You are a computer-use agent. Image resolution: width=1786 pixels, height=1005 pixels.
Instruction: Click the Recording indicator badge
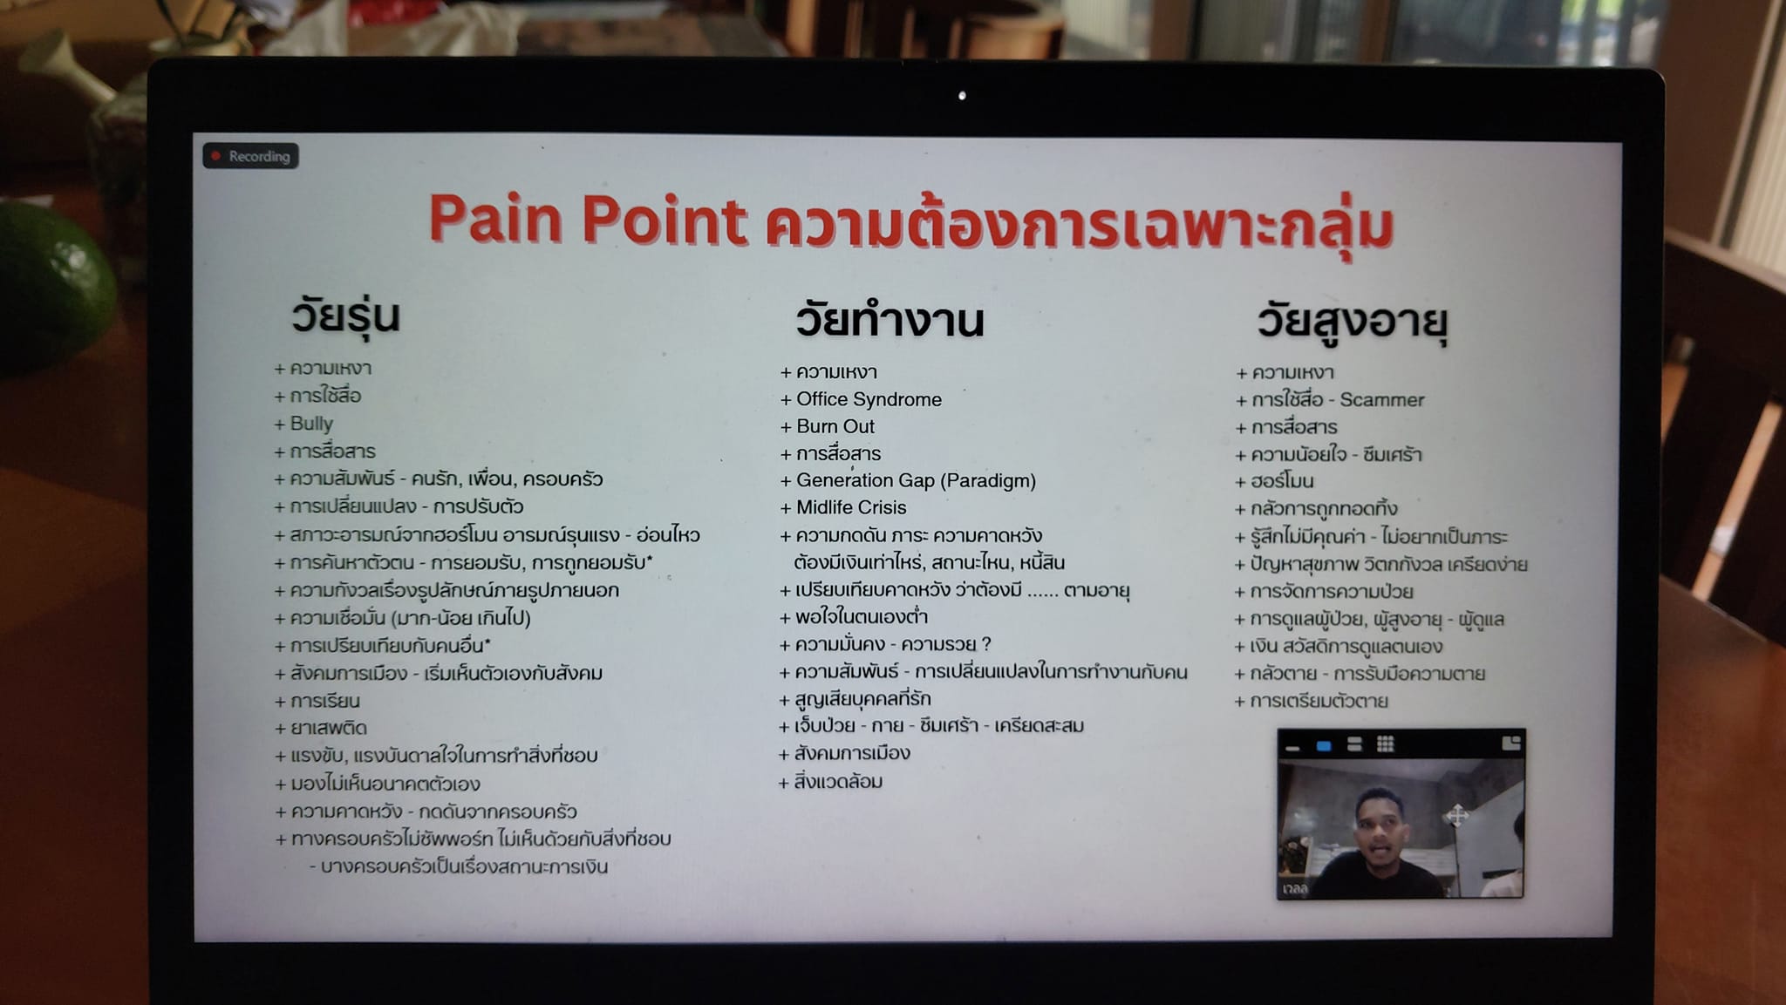(x=251, y=156)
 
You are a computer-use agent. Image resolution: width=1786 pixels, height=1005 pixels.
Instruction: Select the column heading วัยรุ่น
(x=345, y=316)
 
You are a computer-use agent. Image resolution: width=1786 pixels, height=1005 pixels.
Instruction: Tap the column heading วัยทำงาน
(x=890, y=319)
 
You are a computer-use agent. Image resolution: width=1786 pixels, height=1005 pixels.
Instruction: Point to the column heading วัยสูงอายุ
(x=1352, y=322)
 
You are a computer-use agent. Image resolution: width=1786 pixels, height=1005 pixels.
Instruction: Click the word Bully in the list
(x=311, y=424)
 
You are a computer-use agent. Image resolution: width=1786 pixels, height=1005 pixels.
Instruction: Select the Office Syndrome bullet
(x=861, y=399)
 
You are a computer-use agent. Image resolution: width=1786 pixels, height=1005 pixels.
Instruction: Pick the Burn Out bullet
(x=827, y=426)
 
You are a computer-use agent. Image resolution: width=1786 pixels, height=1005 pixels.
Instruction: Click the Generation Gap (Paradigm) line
(x=908, y=480)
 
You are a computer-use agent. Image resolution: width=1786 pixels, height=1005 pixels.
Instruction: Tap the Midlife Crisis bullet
(x=843, y=507)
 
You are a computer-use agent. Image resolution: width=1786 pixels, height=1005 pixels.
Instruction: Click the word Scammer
(x=1381, y=400)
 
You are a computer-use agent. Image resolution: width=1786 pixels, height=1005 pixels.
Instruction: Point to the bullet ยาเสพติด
(x=321, y=728)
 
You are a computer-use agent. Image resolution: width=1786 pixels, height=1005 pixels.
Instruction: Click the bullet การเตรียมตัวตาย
(x=1311, y=701)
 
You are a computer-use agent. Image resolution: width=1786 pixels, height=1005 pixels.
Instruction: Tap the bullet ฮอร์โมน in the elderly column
(x=1274, y=481)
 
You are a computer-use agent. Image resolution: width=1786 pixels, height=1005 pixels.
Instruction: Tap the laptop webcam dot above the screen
(x=962, y=96)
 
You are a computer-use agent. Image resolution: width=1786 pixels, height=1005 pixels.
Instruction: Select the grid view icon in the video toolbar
(x=1385, y=744)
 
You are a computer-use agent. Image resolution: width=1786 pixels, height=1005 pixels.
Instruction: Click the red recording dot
(x=215, y=156)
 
